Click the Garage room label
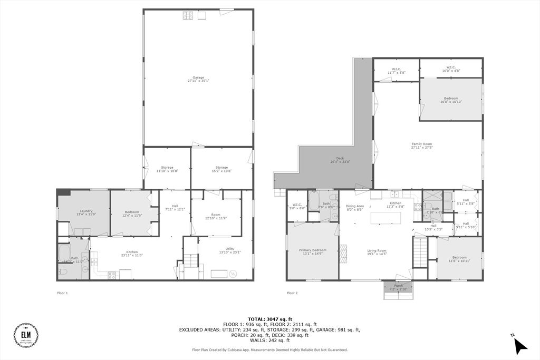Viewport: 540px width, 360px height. click(x=198, y=79)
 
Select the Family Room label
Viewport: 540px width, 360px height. click(x=422, y=145)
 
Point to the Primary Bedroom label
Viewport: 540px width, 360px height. click(x=313, y=252)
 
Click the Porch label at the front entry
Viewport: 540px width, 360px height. click(x=398, y=288)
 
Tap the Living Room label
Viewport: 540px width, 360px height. click(x=377, y=252)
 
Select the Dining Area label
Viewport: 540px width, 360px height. click(x=355, y=208)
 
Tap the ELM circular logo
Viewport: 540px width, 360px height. click(x=25, y=335)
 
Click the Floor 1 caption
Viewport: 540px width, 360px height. click(x=62, y=293)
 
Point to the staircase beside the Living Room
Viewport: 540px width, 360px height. click(x=419, y=252)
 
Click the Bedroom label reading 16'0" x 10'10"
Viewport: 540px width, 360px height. click(x=451, y=100)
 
